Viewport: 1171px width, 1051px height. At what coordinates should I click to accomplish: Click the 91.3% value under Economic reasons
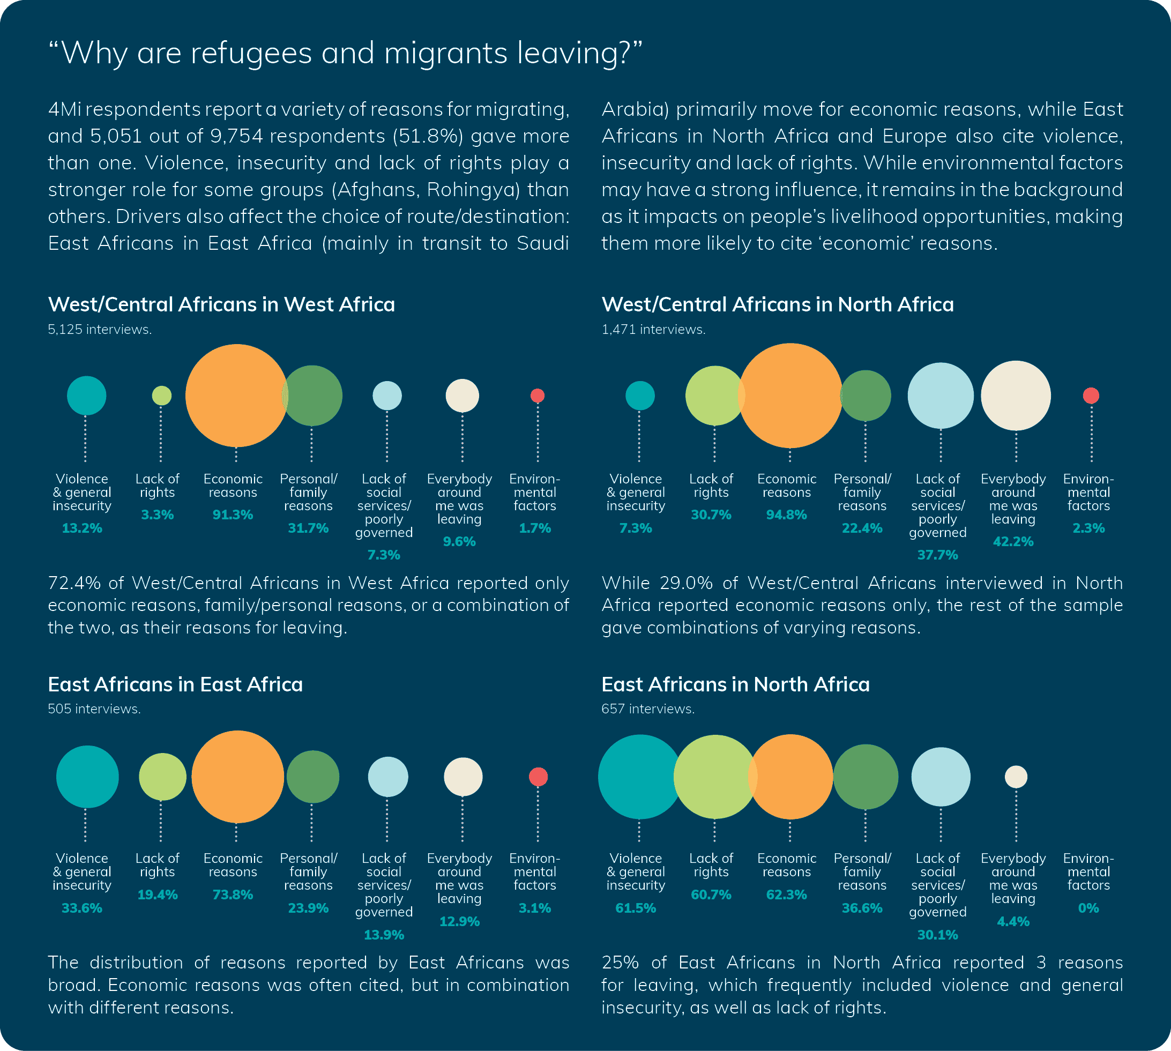point(233,515)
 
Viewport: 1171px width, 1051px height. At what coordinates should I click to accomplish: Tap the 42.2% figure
point(1013,542)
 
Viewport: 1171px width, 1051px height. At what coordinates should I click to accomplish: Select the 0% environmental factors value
point(1088,908)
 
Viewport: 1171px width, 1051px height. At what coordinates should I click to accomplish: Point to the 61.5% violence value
point(635,908)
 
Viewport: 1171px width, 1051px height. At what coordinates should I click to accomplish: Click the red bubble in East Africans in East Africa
point(538,777)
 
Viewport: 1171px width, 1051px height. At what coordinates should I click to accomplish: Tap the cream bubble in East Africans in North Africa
point(1016,777)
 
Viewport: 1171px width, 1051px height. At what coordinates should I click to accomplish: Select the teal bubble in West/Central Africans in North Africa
point(640,396)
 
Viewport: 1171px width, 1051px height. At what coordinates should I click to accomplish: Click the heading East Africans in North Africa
point(735,684)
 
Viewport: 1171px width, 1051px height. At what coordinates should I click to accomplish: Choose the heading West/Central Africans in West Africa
point(221,304)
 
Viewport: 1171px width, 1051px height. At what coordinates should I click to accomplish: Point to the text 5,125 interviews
point(99,329)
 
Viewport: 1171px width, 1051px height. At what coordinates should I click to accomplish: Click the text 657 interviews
point(647,709)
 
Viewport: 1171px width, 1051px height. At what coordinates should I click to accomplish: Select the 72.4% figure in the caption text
point(74,583)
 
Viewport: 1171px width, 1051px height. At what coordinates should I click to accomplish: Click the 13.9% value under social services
point(383,935)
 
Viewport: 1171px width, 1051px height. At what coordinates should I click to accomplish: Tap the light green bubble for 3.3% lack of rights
point(162,396)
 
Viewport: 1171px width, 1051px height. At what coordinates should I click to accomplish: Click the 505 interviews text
point(94,709)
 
